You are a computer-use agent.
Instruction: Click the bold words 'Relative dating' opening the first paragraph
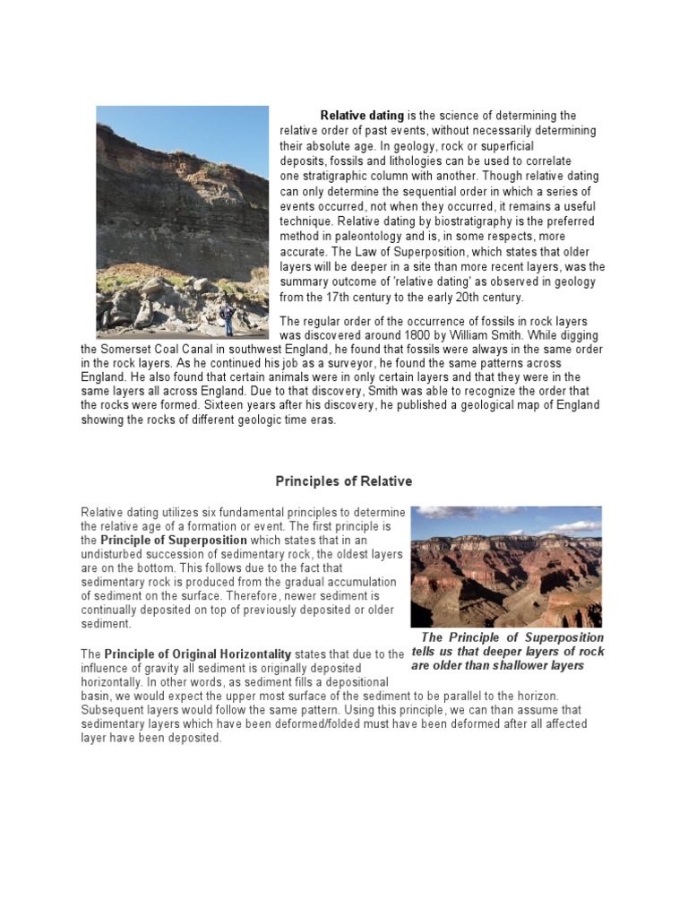[362, 116]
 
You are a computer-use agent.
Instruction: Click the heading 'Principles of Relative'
[343, 481]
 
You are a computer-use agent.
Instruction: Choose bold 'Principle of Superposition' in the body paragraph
[174, 541]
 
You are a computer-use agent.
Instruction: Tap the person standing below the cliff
[226, 318]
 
